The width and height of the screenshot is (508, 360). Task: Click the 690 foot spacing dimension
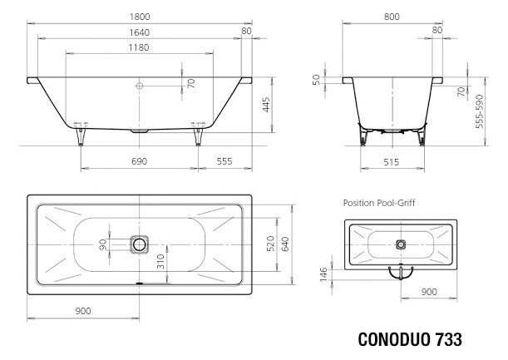pyautogui.click(x=138, y=160)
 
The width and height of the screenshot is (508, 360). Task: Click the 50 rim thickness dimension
pyautogui.click(x=317, y=80)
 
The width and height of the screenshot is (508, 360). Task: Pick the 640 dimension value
pyautogui.click(x=285, y=244)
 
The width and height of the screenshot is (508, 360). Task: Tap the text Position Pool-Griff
pyautogui.click(x=379, y=202)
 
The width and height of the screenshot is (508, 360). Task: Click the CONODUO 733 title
pyautogui.click(x=409, y=341)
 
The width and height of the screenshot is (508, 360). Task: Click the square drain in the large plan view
pyautogui.click(x=139, y=244)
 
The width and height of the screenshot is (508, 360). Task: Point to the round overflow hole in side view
pyautogui.click(x=140, y=85)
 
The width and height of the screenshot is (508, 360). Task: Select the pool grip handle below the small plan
pyautogui.click(x=401, y=271)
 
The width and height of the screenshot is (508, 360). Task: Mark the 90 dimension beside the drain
pyautogui.click(x=103, y=244)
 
